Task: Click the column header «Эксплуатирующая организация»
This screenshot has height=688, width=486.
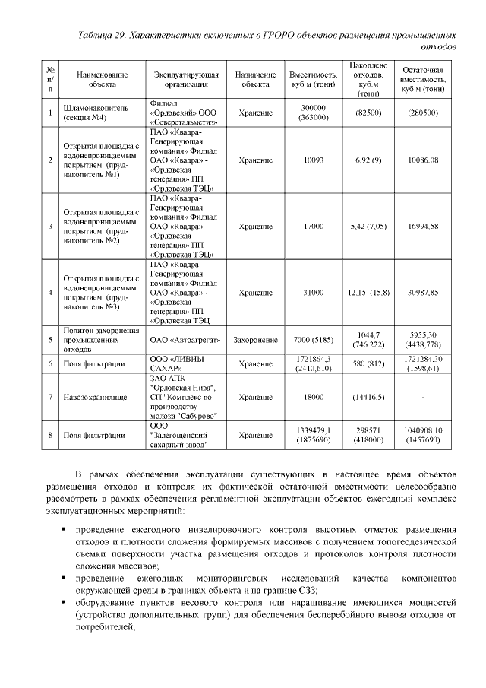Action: (x=186, y=80)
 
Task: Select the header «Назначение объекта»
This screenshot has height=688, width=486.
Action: (x=255, y=80)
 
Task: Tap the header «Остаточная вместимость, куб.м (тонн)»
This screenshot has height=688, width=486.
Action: (x=422, y=80)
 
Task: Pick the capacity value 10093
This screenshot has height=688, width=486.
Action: (x=313, y=160)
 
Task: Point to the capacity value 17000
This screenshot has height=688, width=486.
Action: (x=313, y=227)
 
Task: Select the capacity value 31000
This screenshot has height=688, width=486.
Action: (x=313, y=293)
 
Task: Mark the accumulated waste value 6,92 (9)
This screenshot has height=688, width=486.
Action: (x=368, y=160)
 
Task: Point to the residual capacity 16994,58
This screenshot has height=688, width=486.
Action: (x=422, y=227)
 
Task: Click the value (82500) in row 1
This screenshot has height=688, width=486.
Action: (x=368, y=113)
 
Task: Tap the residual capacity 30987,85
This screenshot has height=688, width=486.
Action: (x=422, y=293)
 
